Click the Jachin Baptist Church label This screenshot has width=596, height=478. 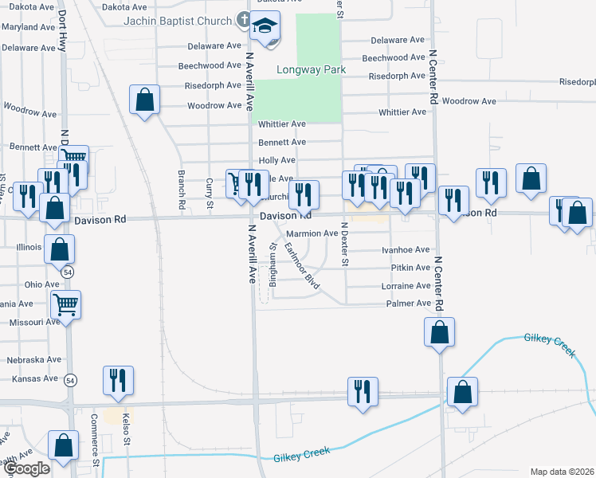(182, 20)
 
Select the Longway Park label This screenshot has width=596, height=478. (311, 70)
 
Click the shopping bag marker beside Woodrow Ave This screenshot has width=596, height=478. (144, 101)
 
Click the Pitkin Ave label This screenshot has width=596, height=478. (412, 268)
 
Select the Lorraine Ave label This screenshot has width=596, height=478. (406, 286)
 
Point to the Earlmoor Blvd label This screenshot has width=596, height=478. (302, 268)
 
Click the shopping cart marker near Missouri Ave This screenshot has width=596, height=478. (65, 304)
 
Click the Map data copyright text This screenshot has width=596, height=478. (562, 472)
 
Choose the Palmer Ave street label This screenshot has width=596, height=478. (408, 304)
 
